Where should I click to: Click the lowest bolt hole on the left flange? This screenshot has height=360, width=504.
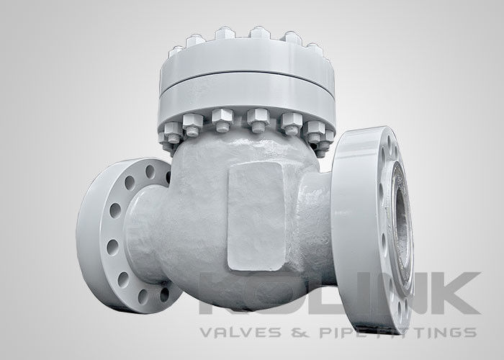click(x=144, y=294)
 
